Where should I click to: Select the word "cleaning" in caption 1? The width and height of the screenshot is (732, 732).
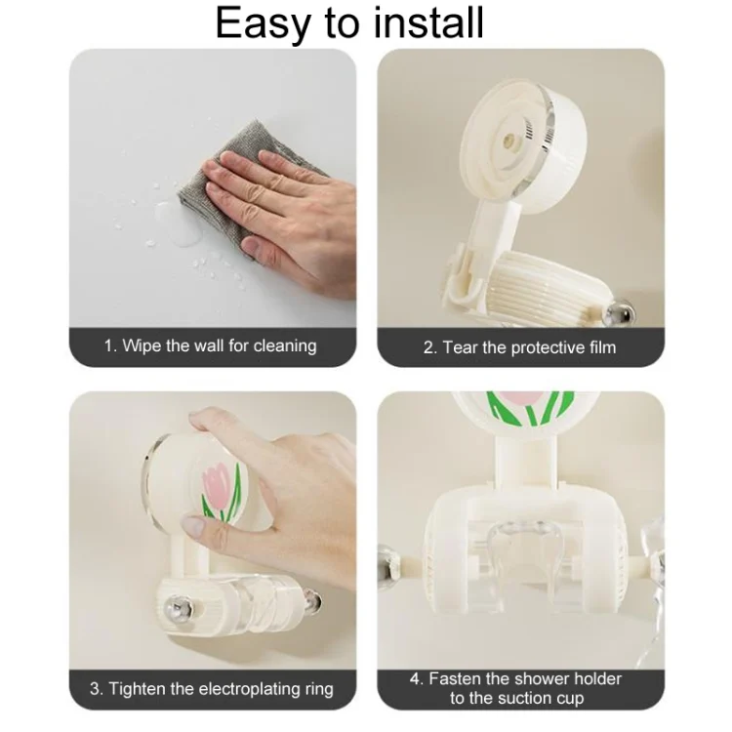click(285, 346)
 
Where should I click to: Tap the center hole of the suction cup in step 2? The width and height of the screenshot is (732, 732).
click(509, 140)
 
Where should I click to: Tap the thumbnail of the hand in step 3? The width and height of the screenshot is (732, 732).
click(194, 526)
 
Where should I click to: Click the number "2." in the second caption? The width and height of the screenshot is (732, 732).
click(430, 347)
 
